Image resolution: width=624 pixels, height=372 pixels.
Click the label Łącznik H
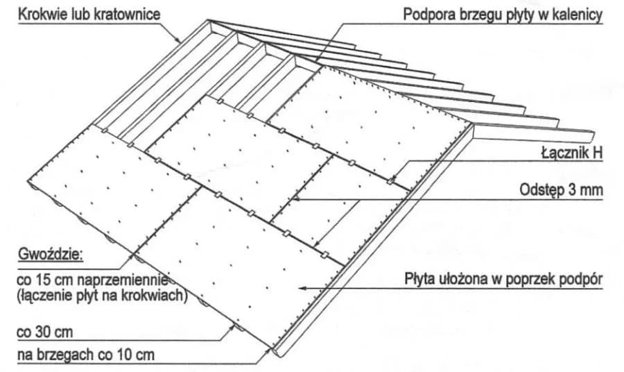pyautogui.click(x=575, y=155)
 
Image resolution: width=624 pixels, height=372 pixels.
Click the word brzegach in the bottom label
pyautogui.click(x=64, y=355)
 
